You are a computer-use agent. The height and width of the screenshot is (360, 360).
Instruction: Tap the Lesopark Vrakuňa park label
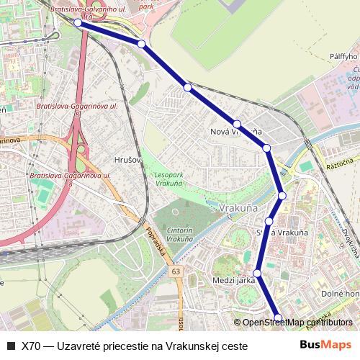coord(168,179)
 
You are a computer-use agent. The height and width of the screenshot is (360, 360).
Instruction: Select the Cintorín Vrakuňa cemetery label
coord(179,234)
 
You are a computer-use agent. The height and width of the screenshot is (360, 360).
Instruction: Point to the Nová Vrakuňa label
coord(235,132)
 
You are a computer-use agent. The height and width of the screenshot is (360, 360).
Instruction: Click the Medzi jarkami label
coord(234,280)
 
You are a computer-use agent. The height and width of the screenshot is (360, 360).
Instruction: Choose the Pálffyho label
coord(343,56)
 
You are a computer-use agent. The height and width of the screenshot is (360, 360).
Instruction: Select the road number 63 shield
coord(176,272)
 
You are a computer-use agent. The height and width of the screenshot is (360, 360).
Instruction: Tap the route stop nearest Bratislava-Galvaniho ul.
coord(78,23)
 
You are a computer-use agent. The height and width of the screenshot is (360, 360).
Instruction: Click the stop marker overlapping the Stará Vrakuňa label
coord(269,221)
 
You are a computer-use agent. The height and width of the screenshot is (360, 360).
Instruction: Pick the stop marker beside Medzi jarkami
coord(257,274)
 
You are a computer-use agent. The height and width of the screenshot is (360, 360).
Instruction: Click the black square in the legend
coord(10,346)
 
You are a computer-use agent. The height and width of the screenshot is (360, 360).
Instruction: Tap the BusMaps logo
coord(325,345)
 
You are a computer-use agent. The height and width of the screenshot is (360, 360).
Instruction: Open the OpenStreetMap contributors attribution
coord(296,323)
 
